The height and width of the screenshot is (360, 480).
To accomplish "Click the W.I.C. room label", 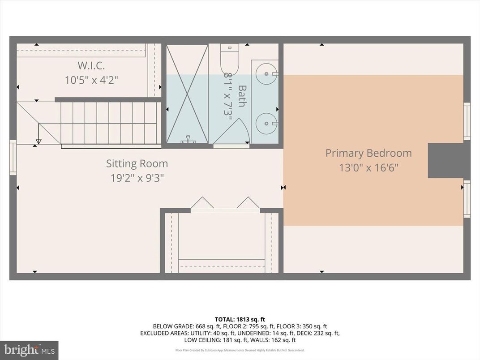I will point(91,66).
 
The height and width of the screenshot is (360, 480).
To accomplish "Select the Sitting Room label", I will point(137,163).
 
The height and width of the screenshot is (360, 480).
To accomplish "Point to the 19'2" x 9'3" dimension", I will point(137,178).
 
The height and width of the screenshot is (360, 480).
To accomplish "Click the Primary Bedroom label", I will point(369,153).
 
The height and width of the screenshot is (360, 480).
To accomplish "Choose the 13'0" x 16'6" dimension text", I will point(369,168).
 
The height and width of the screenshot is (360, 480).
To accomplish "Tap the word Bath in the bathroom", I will point(242,96).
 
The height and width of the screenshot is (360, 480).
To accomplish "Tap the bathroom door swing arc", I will point(237,130).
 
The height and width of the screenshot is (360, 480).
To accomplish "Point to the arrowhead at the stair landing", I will point(39,141).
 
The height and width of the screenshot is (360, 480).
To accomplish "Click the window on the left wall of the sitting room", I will point(13,157).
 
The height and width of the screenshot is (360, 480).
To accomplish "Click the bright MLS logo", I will point(29,350).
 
